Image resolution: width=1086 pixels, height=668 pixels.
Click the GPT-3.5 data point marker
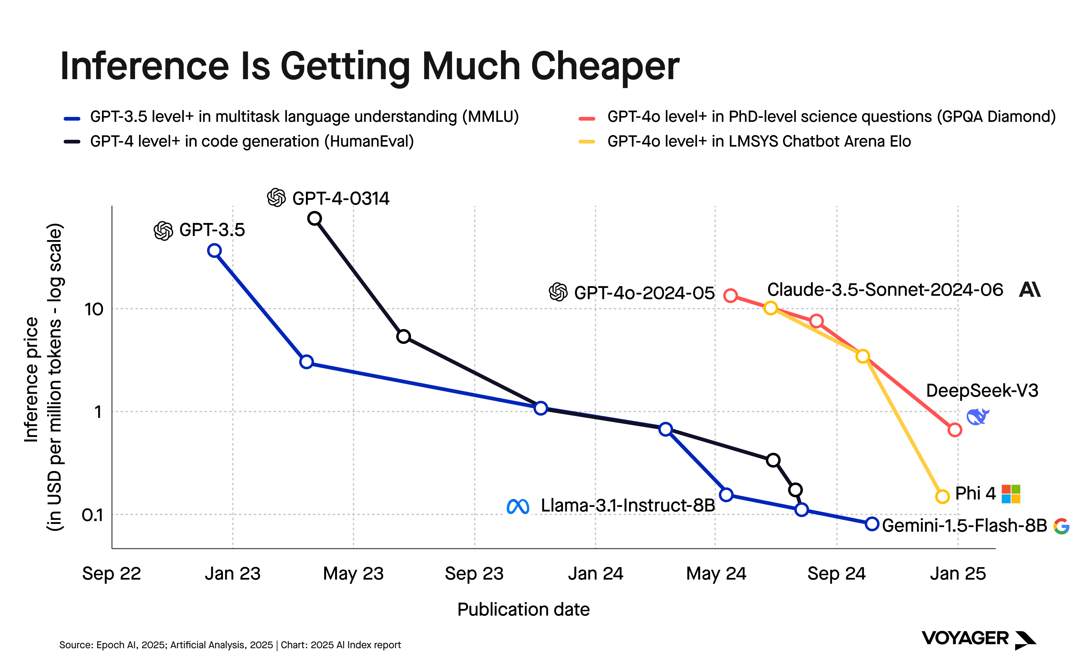[x=214, y=250]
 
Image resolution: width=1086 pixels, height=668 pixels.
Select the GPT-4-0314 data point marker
[x=314, y=218]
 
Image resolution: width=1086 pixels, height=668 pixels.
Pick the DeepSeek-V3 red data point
[x=954, y=430]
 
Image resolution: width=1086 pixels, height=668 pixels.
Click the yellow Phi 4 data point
[x=942, y=497]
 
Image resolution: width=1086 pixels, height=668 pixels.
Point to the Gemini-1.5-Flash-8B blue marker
[x=872, y=524]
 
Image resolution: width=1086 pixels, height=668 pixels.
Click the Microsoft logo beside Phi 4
[x=1011, y=494]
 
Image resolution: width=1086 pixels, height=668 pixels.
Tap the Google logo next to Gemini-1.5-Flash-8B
[x=1061, y=526]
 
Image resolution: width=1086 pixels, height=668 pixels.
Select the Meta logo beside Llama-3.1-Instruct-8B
[x=518, y=506]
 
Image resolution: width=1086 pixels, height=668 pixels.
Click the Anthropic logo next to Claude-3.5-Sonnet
[x=1029, y=290]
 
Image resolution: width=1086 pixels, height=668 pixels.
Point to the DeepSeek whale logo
[x=978, y=417]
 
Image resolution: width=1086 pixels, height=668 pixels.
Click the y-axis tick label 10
[x=94, y=309]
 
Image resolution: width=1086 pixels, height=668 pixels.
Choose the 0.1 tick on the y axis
[x=92, y=515]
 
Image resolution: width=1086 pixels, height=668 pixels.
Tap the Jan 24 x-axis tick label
[x=595, y=573]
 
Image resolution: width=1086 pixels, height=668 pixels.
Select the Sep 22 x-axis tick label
[x=111, y=573]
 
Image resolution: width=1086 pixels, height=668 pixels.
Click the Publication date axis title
[x=523, y=609]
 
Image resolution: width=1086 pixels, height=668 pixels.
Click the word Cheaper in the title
[x=605, y=66]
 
